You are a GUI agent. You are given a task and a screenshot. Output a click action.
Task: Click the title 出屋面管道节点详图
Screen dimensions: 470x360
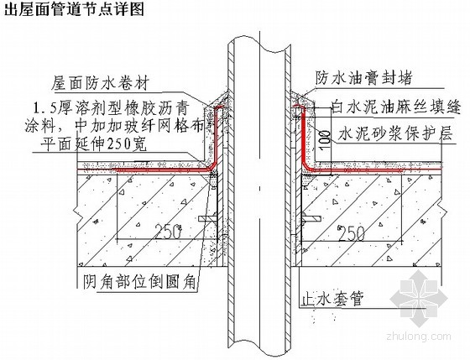coord(74,8)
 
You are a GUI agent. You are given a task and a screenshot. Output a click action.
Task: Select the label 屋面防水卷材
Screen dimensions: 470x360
coord(100,83)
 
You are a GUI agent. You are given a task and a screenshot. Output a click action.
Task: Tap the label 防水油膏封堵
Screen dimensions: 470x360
coord(363,78)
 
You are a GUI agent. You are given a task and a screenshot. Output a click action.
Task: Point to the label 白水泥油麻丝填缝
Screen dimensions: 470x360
coord(395,107)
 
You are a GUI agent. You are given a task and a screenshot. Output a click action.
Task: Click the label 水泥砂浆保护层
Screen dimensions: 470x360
coord(395,133)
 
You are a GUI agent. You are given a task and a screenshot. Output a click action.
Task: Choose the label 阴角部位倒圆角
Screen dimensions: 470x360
coord(139,281)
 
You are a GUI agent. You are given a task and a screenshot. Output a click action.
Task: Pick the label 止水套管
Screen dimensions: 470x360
coord(332,298)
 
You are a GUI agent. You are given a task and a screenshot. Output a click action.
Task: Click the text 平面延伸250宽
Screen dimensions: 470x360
coord(93,144)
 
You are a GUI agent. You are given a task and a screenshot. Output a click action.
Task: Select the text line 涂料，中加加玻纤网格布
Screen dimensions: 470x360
coord(115,126)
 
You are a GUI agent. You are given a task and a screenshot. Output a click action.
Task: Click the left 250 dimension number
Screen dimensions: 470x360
coord(168,232)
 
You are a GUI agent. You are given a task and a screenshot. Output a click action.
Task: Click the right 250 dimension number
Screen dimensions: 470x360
coord(352,233)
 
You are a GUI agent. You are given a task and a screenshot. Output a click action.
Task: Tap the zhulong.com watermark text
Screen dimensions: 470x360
coord(419,336)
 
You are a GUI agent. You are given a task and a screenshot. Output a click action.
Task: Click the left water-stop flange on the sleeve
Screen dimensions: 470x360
coord(207,219)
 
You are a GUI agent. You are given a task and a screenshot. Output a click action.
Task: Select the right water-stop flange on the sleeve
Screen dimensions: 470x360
coord(311,218)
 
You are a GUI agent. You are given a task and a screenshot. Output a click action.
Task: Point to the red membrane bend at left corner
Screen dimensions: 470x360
coord(214,167)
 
